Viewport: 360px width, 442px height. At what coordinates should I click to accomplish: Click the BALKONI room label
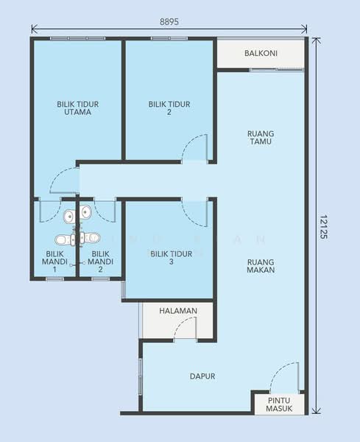(261, 53)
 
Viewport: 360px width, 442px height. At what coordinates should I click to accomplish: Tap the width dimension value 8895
(169, 21)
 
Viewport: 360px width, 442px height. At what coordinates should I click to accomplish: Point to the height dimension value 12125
(324, 227)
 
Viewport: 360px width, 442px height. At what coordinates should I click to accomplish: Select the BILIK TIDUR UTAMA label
(78, 108)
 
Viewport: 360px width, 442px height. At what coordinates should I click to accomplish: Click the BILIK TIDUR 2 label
(169, 108)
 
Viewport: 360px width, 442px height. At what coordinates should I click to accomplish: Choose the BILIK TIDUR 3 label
(172, 258)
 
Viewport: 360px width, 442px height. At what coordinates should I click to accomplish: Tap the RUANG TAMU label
(261, 138)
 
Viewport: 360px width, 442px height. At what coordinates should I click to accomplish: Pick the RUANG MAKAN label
(261, 266)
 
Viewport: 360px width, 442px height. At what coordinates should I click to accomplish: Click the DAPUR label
(202, 376)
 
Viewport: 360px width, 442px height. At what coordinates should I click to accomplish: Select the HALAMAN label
(178, 311)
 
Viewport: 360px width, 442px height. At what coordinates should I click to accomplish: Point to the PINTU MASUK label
(279, 404)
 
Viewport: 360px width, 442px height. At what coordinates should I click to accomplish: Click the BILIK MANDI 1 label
(54, 262)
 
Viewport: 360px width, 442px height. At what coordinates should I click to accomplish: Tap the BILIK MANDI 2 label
(101, 262)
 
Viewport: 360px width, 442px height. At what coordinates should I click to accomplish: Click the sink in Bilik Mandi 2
(85, 211)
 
